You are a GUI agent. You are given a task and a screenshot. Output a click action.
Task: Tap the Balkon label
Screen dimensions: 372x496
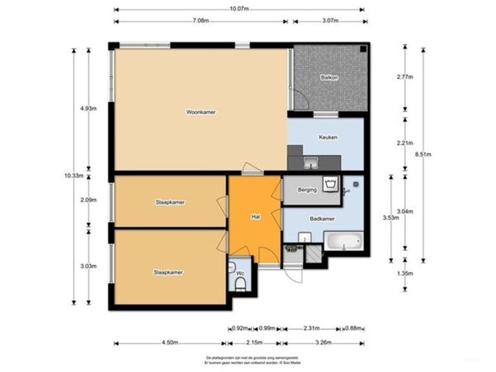coord(329,77)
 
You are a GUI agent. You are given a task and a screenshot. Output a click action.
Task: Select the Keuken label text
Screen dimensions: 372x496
coord(328,138)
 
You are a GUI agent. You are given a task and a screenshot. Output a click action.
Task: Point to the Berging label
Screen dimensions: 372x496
coord(307,191)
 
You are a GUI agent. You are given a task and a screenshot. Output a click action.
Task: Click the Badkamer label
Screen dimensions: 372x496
coord(322,219)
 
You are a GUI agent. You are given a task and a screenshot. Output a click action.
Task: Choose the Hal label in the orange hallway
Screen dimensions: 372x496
coord(256,218)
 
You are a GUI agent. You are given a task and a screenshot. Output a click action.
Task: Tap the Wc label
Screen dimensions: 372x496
coord(240,274)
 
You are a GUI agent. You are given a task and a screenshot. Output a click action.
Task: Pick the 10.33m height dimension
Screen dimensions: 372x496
coord(72,175)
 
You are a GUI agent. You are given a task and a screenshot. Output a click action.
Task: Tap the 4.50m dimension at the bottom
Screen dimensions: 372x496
coord(170,343)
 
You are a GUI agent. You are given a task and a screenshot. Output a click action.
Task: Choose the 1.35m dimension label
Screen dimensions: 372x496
coord(404,273)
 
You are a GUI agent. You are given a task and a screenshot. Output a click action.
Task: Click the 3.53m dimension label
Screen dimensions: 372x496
coord(390,218)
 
